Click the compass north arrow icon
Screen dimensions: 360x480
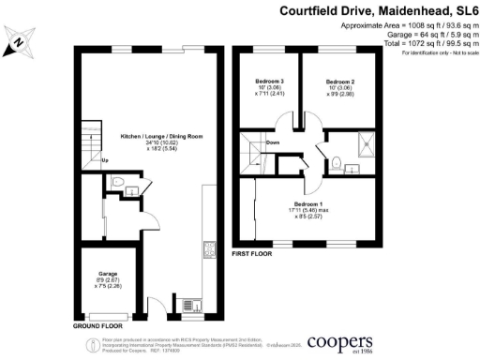pyautogui.click(x=21, y=41)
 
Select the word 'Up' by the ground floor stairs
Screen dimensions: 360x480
pyautogui.click(x=105, y=160)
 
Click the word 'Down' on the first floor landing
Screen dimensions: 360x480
pyautogui.click(x=272, y=142)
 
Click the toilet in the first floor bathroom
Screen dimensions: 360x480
pyautogui.click(x=336, y=162)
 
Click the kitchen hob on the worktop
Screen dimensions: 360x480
pyautogui.click(x=207, y=250)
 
